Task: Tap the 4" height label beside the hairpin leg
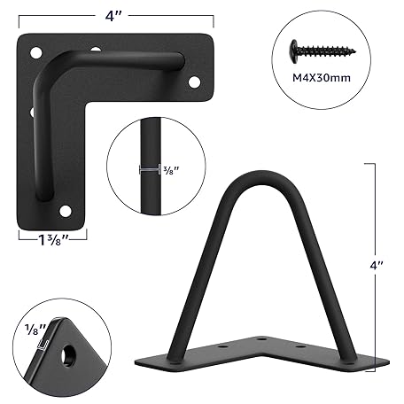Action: (377, 266)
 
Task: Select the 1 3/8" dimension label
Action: (53, 241)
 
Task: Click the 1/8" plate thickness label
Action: (35, 329)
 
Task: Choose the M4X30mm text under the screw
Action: (322, 78)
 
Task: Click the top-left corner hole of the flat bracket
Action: (36, 52)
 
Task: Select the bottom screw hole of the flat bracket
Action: (66, 211)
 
